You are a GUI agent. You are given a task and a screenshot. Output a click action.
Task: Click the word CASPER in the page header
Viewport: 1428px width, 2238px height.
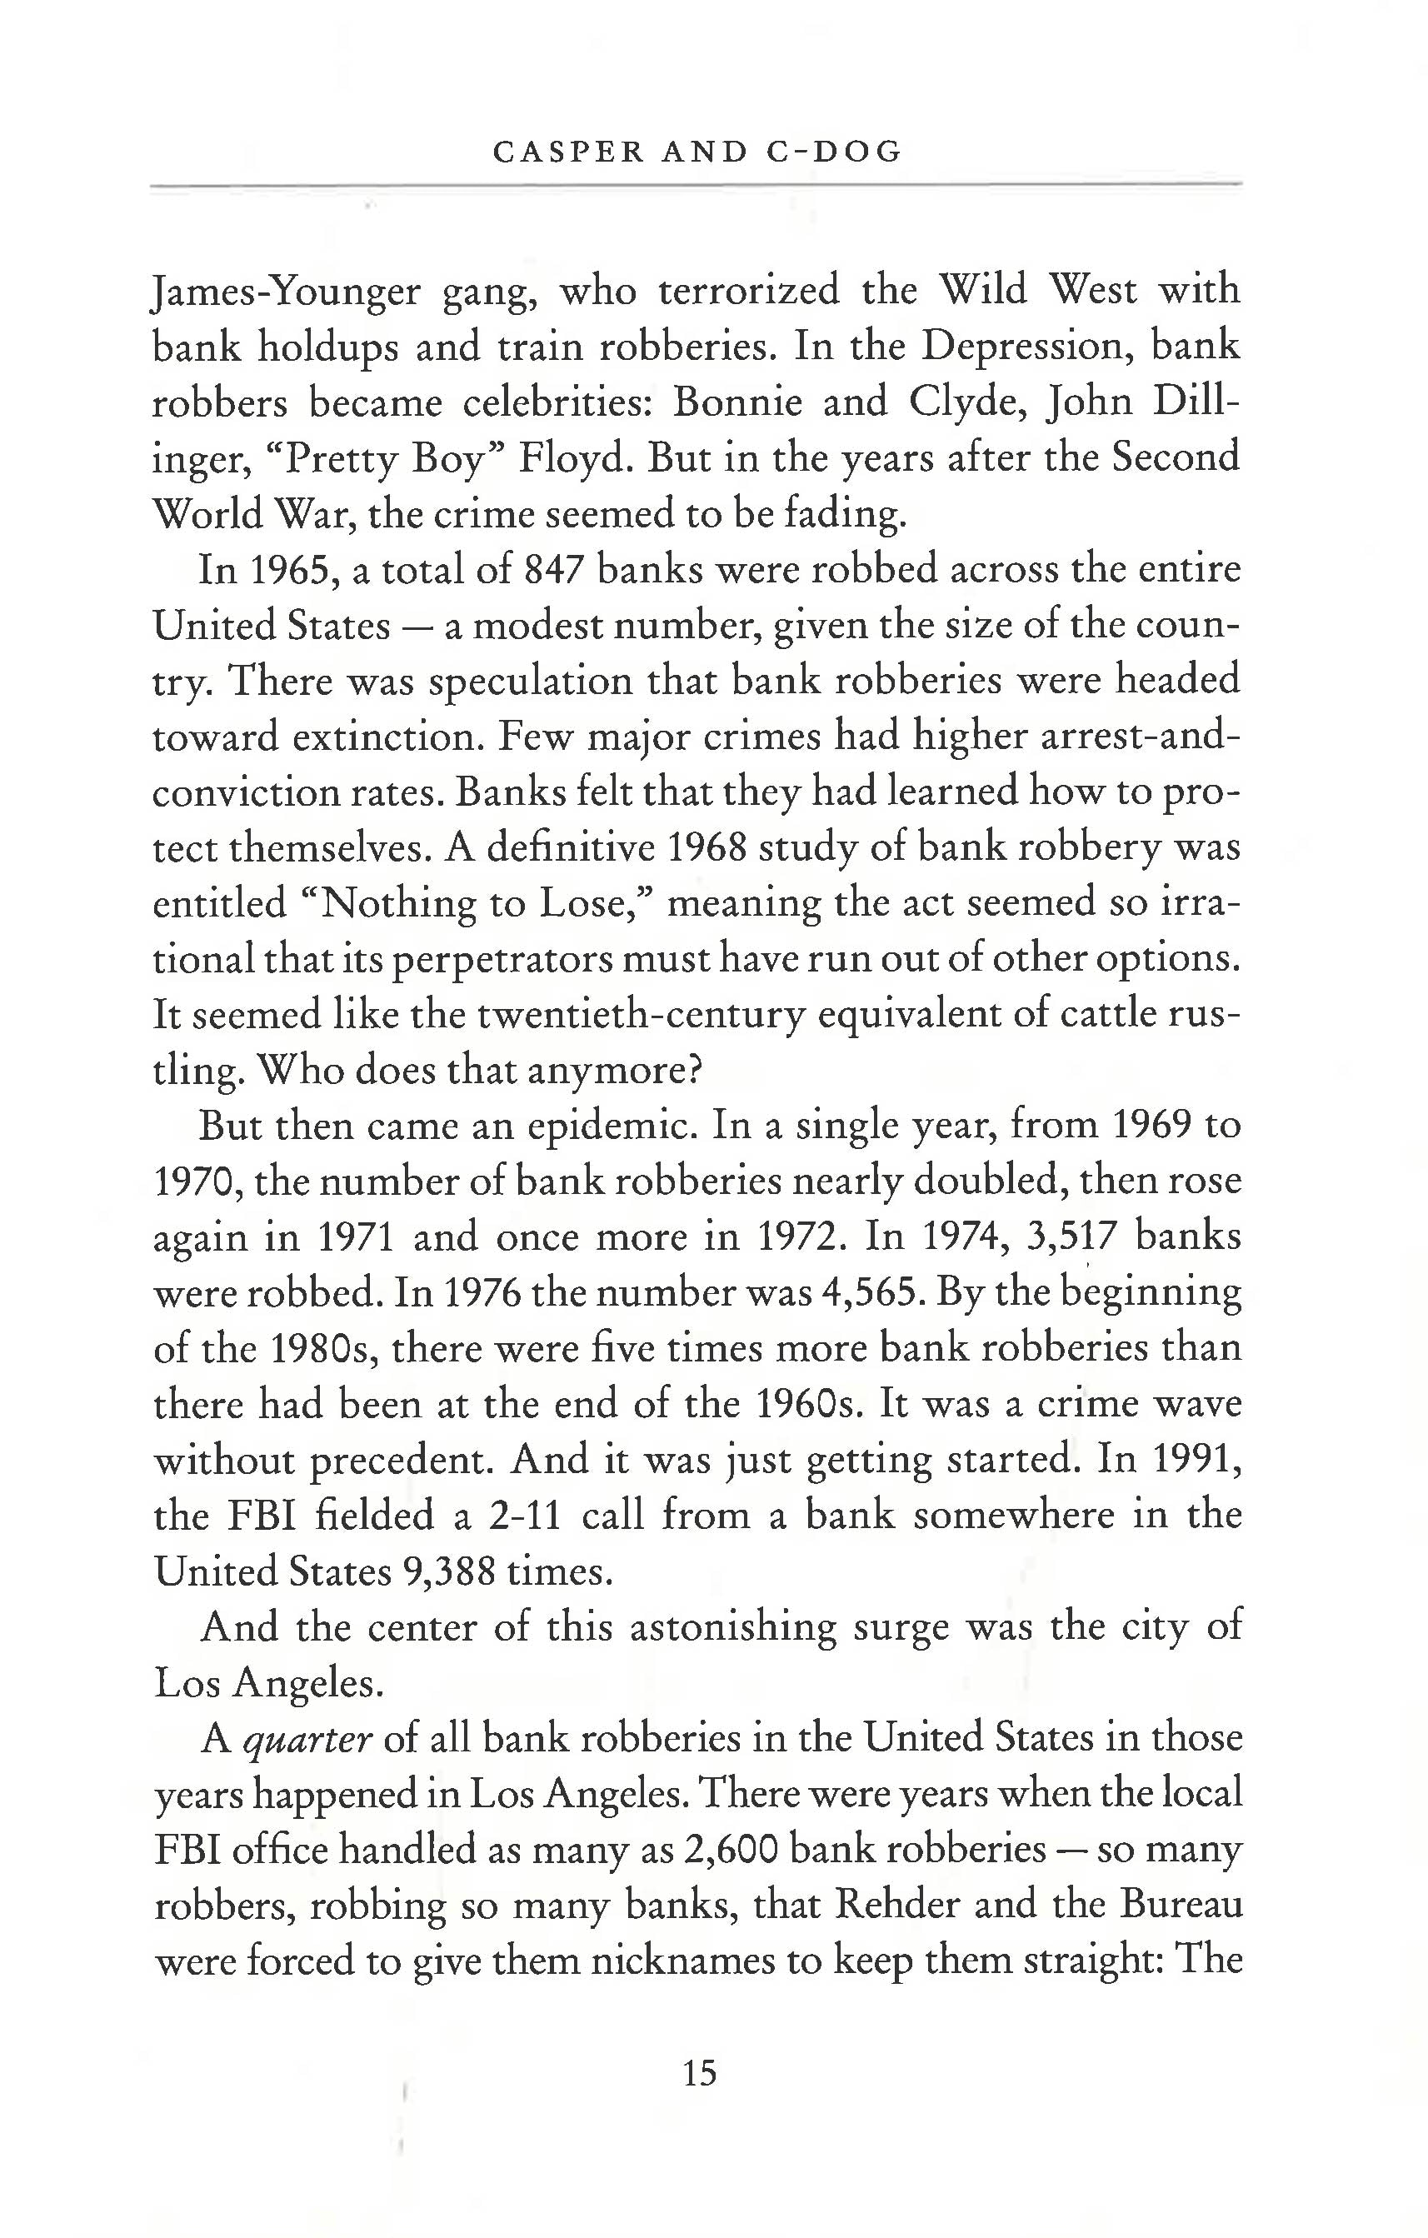pyautogui.click(x=567, y=152)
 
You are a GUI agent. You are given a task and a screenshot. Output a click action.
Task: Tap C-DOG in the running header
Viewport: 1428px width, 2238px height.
pyautogui.click(x=836, y=152)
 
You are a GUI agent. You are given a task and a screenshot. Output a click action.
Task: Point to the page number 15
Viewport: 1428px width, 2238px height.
pyautogui.click(x=700, y=2074)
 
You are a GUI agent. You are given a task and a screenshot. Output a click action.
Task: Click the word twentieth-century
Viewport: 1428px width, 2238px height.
pyautogui.click(x=640, y=1015)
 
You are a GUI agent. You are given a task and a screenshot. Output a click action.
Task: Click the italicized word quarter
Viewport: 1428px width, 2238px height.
pyautogui.click(x=307, y=1739)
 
